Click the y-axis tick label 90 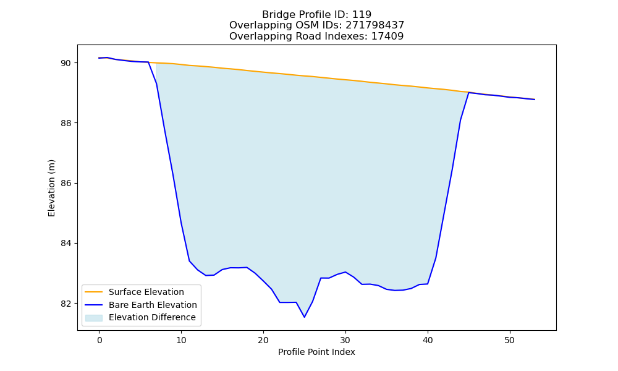66,63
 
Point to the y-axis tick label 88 66,123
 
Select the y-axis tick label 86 66,183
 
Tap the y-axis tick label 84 66,243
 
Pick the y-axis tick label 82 66,304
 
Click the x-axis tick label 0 99,340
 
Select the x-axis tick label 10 181,340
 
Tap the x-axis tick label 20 263,340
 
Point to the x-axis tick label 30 345,340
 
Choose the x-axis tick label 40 428,340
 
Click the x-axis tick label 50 510,340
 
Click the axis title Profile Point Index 316,352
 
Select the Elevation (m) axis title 52,188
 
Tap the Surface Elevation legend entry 146,292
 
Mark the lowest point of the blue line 304,317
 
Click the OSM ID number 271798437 375,25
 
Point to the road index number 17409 387,36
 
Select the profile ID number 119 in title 362,15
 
